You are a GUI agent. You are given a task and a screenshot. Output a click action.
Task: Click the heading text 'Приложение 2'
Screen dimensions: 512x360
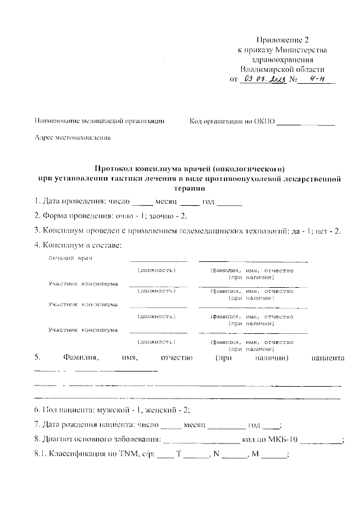click(x=282, y=39)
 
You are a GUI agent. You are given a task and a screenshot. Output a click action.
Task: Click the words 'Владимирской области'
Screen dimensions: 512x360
click(x=282, y=69)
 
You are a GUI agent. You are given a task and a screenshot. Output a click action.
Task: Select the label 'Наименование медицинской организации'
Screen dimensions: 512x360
click(x=100, y=120)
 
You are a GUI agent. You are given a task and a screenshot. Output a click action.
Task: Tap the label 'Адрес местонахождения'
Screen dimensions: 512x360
click(x=72, y=137)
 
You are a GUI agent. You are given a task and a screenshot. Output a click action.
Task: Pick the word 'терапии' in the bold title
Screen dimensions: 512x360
click(x=190, y=189)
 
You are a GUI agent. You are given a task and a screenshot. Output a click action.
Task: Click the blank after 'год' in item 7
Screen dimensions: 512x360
click(x=271, y=425)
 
